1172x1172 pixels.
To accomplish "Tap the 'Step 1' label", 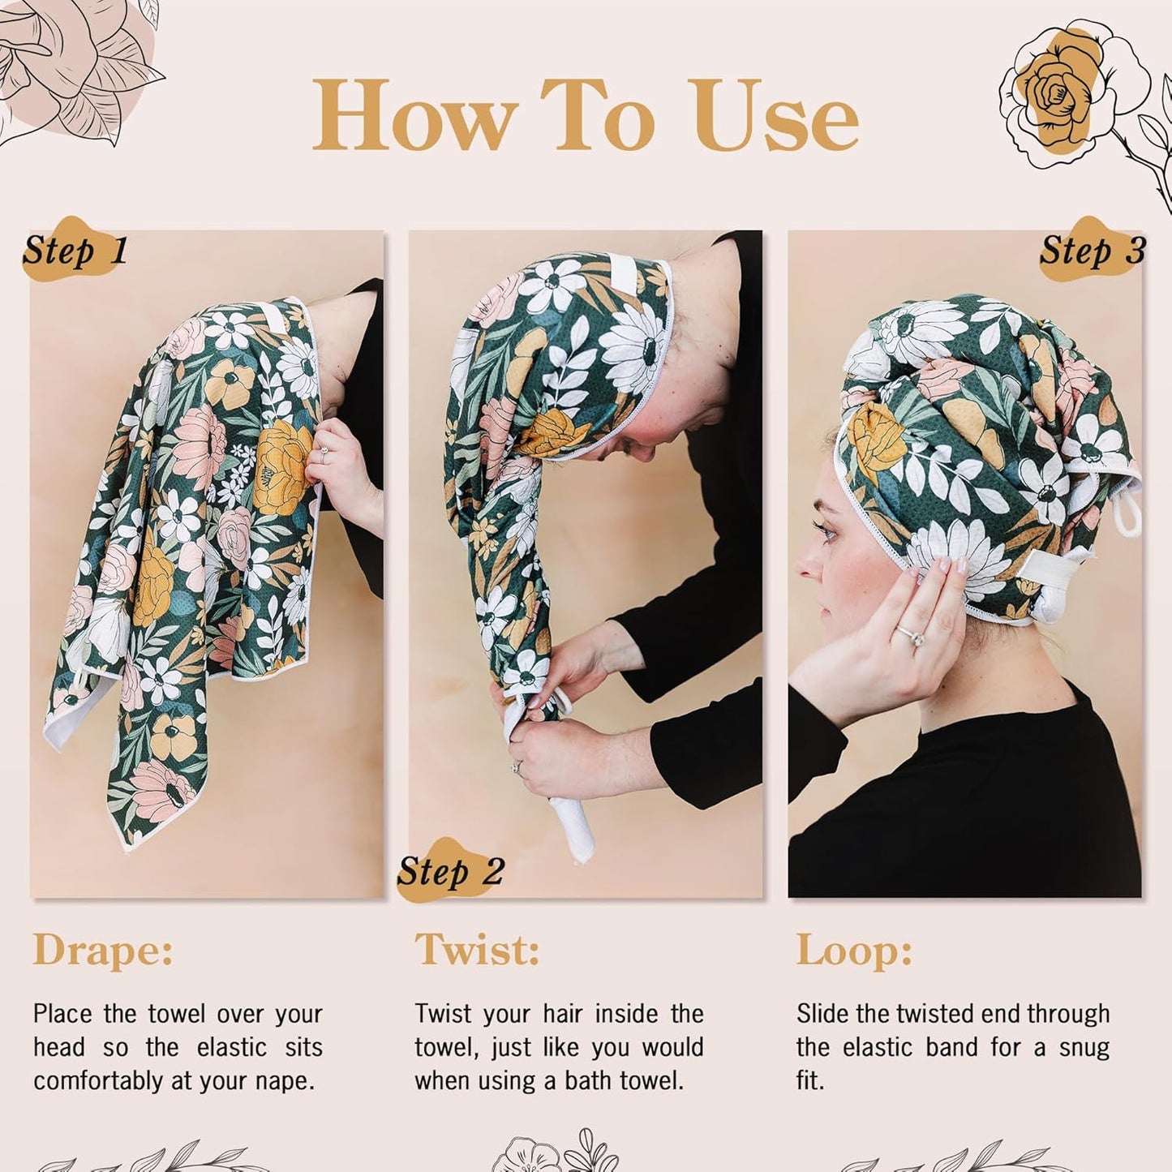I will click(x=75, y=251).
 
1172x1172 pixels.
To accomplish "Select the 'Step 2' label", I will click(x=451, y=872).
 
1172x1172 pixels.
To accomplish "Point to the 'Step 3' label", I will click(x=1092, y=251).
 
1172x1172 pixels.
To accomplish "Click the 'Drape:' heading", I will click(x=103, y=950).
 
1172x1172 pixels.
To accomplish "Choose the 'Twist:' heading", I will click(x=477, y=950).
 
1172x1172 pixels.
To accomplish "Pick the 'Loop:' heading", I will click(x=853, y=950).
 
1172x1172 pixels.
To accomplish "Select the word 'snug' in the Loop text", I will click(x=1084, y=1047).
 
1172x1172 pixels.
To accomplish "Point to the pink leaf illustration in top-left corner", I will click(x=77, y=69).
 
